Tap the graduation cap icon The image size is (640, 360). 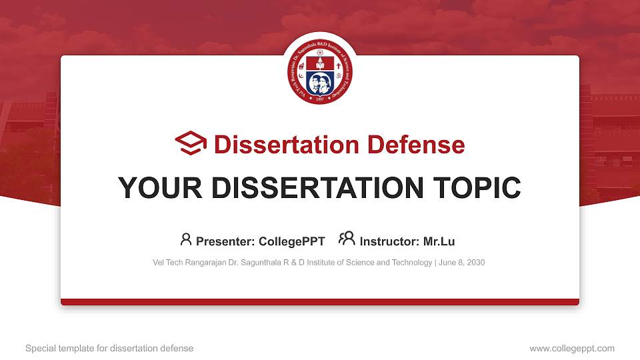coord(191,144)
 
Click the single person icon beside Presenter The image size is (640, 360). coord(186,239)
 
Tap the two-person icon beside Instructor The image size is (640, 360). coord(347,239)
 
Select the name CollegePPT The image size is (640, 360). coord(292,241)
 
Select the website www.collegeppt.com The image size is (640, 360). coord(572,348)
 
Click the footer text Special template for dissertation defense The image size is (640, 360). coord(109,348)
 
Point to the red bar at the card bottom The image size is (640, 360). coord(320,302)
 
